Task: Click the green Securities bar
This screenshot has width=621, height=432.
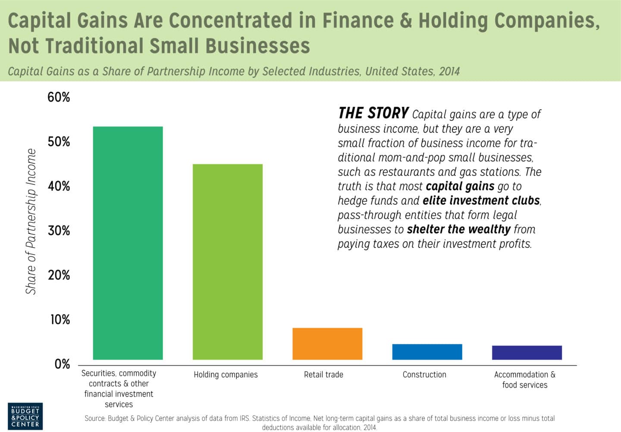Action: click(128, 243)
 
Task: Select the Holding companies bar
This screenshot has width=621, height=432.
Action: click(227, 262)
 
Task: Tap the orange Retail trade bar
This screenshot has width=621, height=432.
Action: click(327, 344)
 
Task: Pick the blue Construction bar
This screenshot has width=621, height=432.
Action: click(427, 352)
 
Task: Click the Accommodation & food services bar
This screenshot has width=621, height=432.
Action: click(527, 353)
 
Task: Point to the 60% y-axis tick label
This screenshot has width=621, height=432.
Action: click(59, 97)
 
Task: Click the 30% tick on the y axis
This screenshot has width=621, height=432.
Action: click(59, 230)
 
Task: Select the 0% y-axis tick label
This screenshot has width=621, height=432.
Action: click(62, 364)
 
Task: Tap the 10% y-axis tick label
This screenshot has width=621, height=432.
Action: click(60, 319)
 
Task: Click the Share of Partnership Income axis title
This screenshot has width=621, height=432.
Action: click(31, 221)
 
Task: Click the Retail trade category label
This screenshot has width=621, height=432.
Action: click(323, 375)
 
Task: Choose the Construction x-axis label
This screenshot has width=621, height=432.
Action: click(424, 375)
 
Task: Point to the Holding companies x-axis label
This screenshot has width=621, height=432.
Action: click(226, 375)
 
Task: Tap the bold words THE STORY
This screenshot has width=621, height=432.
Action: click(373, 113)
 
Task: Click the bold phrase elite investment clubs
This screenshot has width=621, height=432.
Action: click(481, 201)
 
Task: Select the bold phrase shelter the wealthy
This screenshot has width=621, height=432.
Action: click(458, 229)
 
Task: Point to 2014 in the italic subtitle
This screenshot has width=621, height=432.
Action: click(449, 71)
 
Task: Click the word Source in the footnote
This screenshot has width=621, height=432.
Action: click(94, 418)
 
